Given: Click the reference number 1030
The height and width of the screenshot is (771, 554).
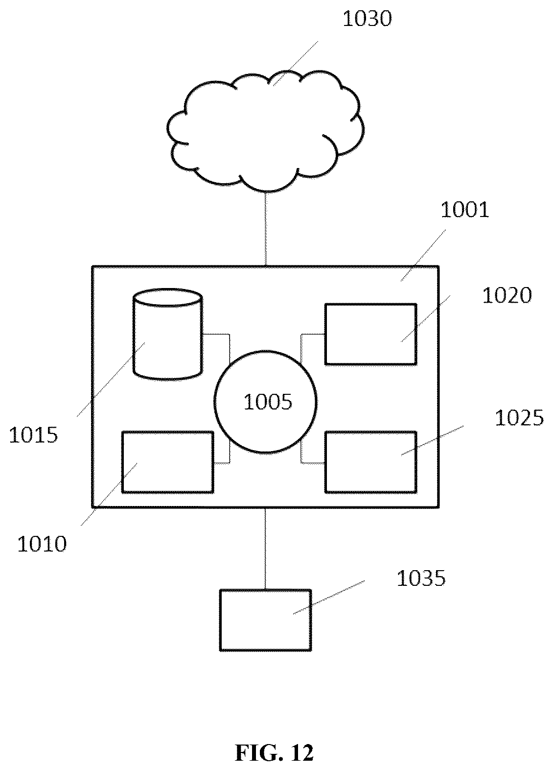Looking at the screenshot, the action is [367, 19].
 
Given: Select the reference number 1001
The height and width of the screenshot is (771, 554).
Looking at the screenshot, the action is [464, 210].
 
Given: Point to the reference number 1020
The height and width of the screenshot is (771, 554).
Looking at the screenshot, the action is [507, 296].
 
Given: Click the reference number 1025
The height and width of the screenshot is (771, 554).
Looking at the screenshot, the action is [519, 418].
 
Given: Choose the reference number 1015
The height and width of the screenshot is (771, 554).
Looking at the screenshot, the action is [33, 434].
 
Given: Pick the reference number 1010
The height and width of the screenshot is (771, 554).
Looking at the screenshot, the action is [42, 544].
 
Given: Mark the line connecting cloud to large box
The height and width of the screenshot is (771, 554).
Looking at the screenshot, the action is [265, 229].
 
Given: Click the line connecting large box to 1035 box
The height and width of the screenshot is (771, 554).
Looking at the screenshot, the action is [265, 549].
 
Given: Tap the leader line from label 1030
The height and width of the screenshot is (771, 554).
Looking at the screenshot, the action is [296, 63].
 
